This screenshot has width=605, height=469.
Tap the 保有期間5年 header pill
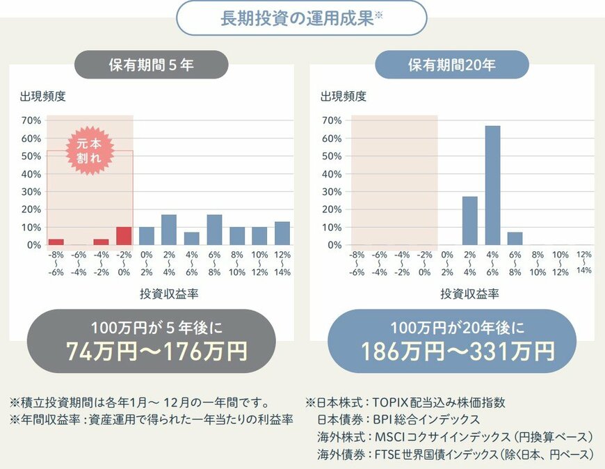pyautogui.click(x=151, y=66)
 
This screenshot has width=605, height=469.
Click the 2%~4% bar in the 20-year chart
pyautogui.click(x=470, y=221)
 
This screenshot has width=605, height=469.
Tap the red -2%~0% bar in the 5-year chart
pyautogui.click(x=124, y=236)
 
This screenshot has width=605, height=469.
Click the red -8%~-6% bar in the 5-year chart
pyautogui.click(x=56, y=241)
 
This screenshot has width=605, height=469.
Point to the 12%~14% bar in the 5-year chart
pyautogui.click(x=282, y=233)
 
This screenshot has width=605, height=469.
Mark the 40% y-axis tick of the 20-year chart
pyautogui.click(x=331, y=174)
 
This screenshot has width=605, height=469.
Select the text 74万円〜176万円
pyautogui.click(x=156, y=351)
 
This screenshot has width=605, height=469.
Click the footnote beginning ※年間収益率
pyautogui.click(x=151, y=420)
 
